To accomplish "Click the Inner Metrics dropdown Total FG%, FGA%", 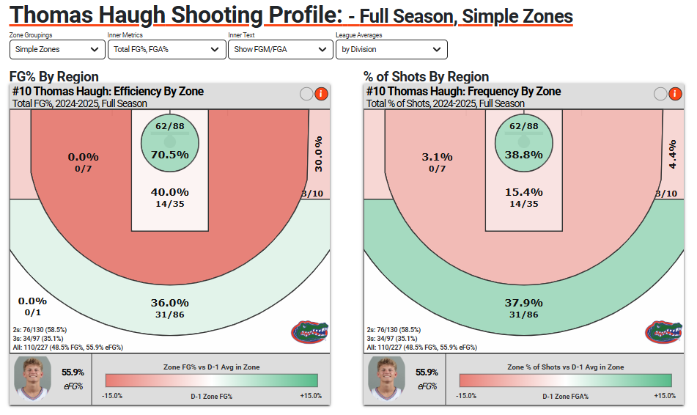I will click(x=166, y=49).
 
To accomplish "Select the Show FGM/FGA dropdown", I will click(x=280, y=49).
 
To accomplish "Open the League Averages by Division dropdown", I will click(x=391, y=49).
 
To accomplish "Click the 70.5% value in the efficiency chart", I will click(x=170, y=155).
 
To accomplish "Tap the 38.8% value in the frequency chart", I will click(x=524, y=155).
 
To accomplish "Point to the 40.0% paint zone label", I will click(x=170, y=191).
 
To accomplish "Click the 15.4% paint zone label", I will click(x=524, y=191).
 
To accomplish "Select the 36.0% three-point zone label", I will click(x=170, y=303).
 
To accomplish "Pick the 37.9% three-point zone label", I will click(x=524, y=303).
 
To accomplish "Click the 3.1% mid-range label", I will click(x=438, y=157).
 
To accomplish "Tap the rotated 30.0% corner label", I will click(x=318, y=154).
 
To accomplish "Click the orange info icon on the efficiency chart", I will click(x=320, y=93).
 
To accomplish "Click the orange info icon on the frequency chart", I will click(x=674, y=93).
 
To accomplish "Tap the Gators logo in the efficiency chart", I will click(x=309, y=331).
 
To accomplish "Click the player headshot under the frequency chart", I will click(x=386, y=378).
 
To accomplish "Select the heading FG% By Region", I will click(x=54, y=77).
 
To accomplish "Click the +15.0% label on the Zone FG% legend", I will click(x=310, y=396).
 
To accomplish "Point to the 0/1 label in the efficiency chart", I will click(x=32, y=312).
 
